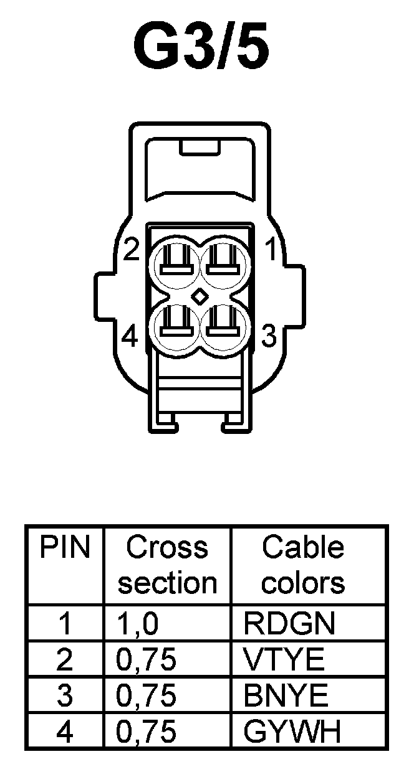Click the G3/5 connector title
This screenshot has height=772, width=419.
click(x=201, y=47)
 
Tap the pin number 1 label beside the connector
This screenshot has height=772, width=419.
click(x=270, y=250)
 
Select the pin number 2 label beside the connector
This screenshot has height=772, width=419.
click(x=130, y=250)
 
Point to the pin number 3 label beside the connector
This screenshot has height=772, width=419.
click(x=269, y=337)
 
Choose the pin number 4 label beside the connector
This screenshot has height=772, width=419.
click(x=129, y=337)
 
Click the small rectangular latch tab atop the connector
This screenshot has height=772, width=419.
click(x=200, y=148)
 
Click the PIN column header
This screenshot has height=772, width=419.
click(x=65, y=548)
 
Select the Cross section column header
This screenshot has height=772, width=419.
click(x=167, y=565)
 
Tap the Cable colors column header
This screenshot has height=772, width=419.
click(x=302, y=565)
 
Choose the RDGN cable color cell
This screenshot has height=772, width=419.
click(x=289, y=623)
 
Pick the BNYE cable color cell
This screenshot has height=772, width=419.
click(x=286, y=695)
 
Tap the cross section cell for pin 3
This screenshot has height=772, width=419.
click(x=146, y=695)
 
